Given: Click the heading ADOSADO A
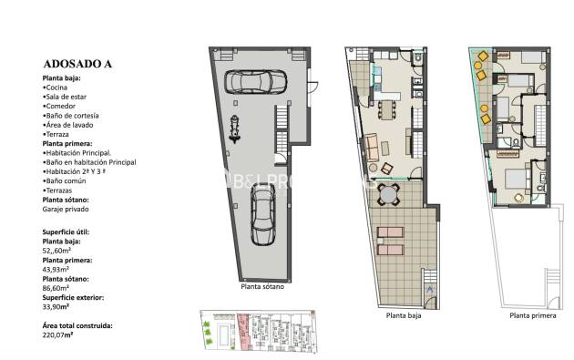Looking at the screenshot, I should pos(77,64).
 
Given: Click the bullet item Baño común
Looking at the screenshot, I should pos(66,180).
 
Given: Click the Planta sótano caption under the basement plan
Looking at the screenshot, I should pos(262,287).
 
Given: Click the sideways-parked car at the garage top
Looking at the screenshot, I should pos(248,82).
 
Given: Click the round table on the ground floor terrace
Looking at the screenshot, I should pos(391,193).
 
